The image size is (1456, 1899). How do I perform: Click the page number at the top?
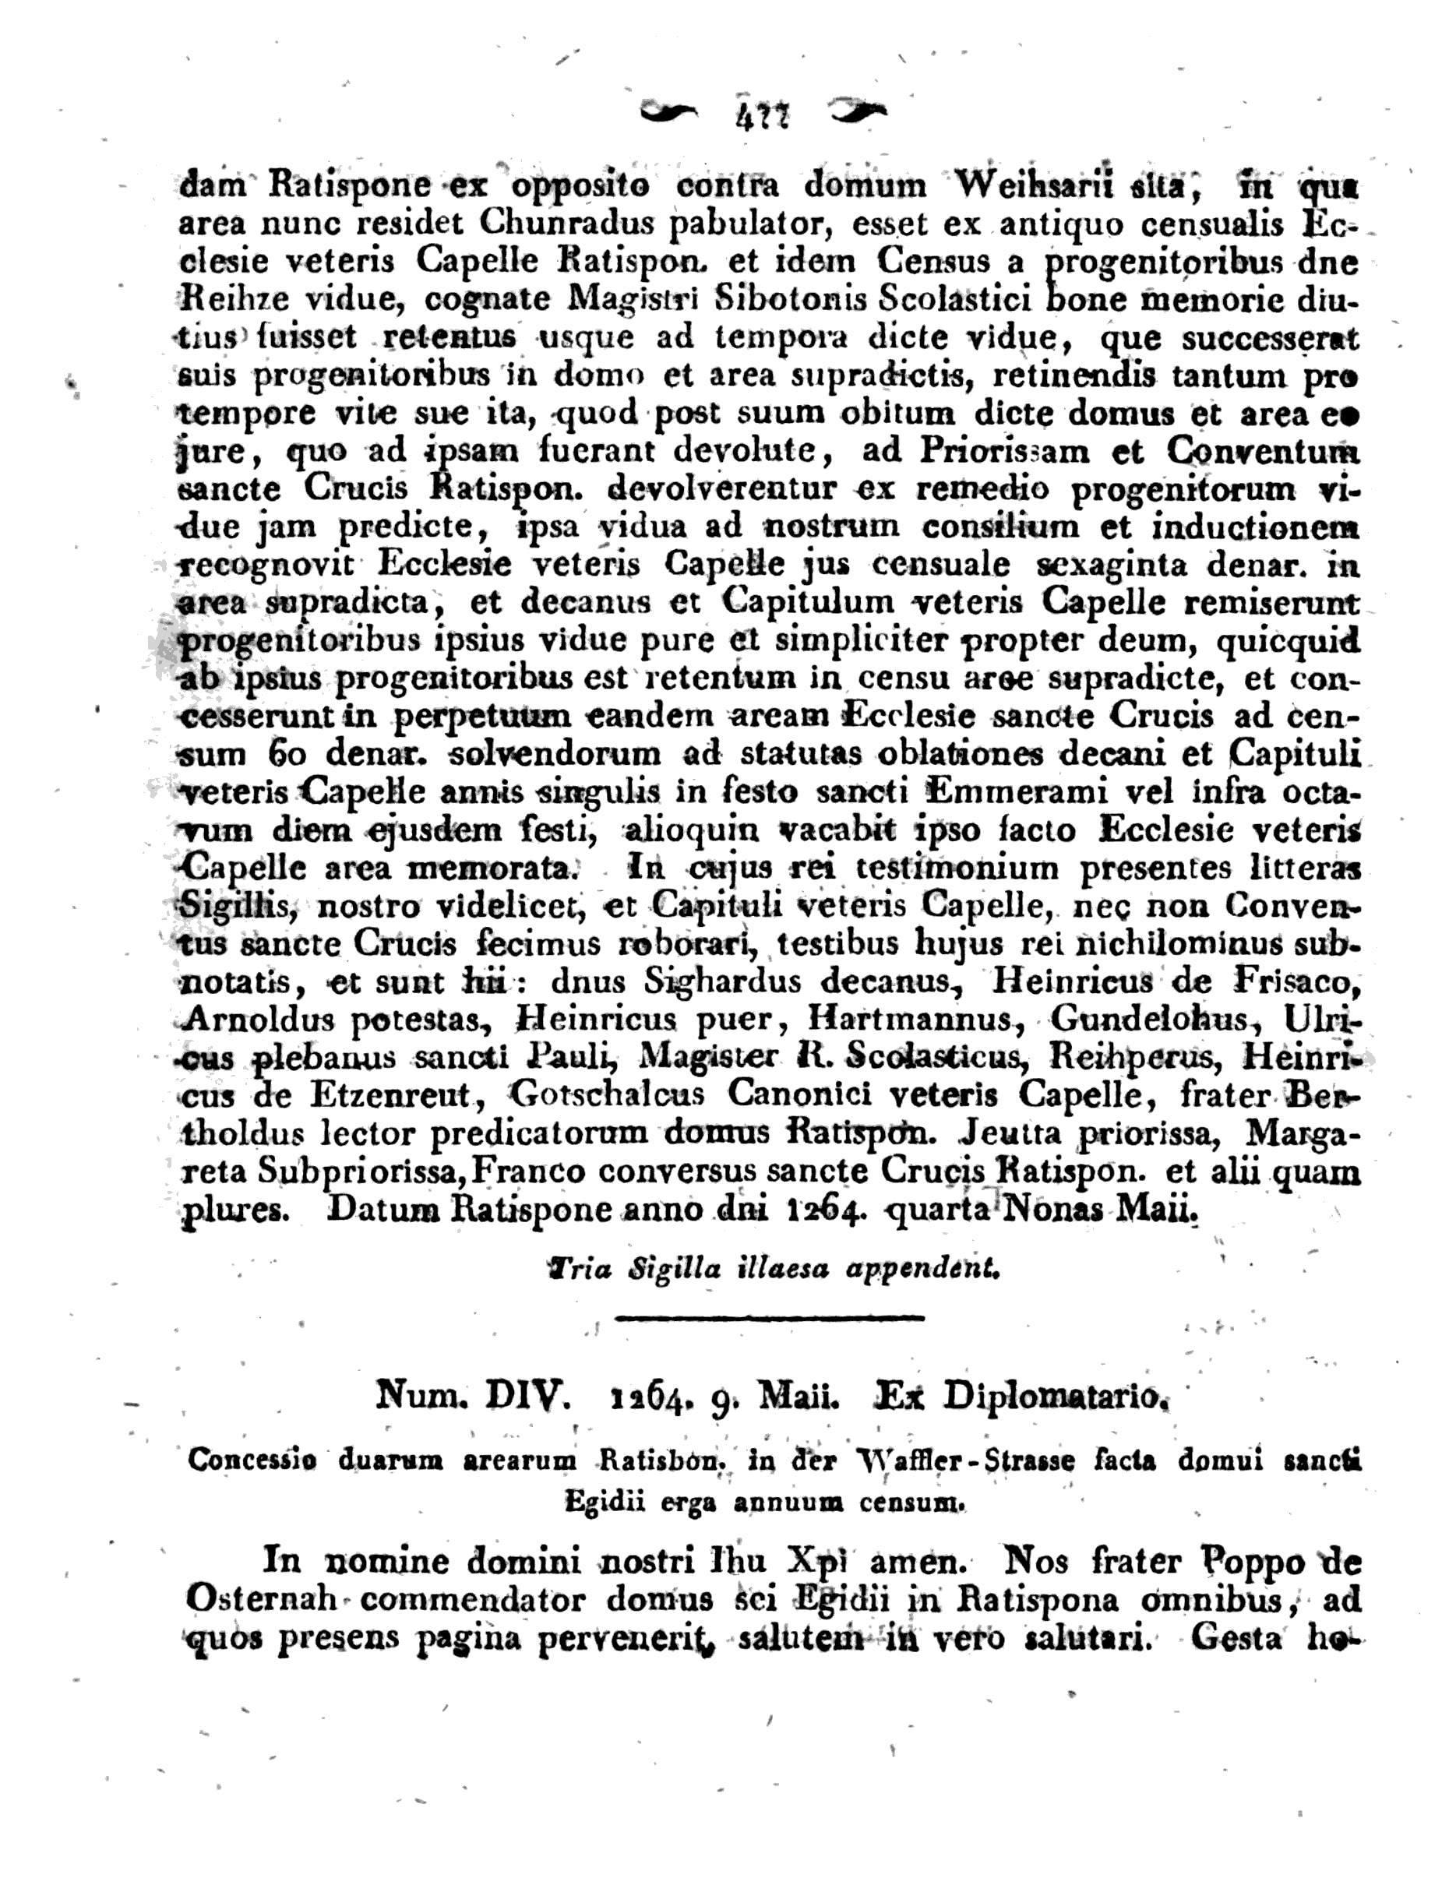[762, 116]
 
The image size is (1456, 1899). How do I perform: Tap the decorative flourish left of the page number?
[668, 113]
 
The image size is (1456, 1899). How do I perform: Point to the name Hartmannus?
[909, 1019]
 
